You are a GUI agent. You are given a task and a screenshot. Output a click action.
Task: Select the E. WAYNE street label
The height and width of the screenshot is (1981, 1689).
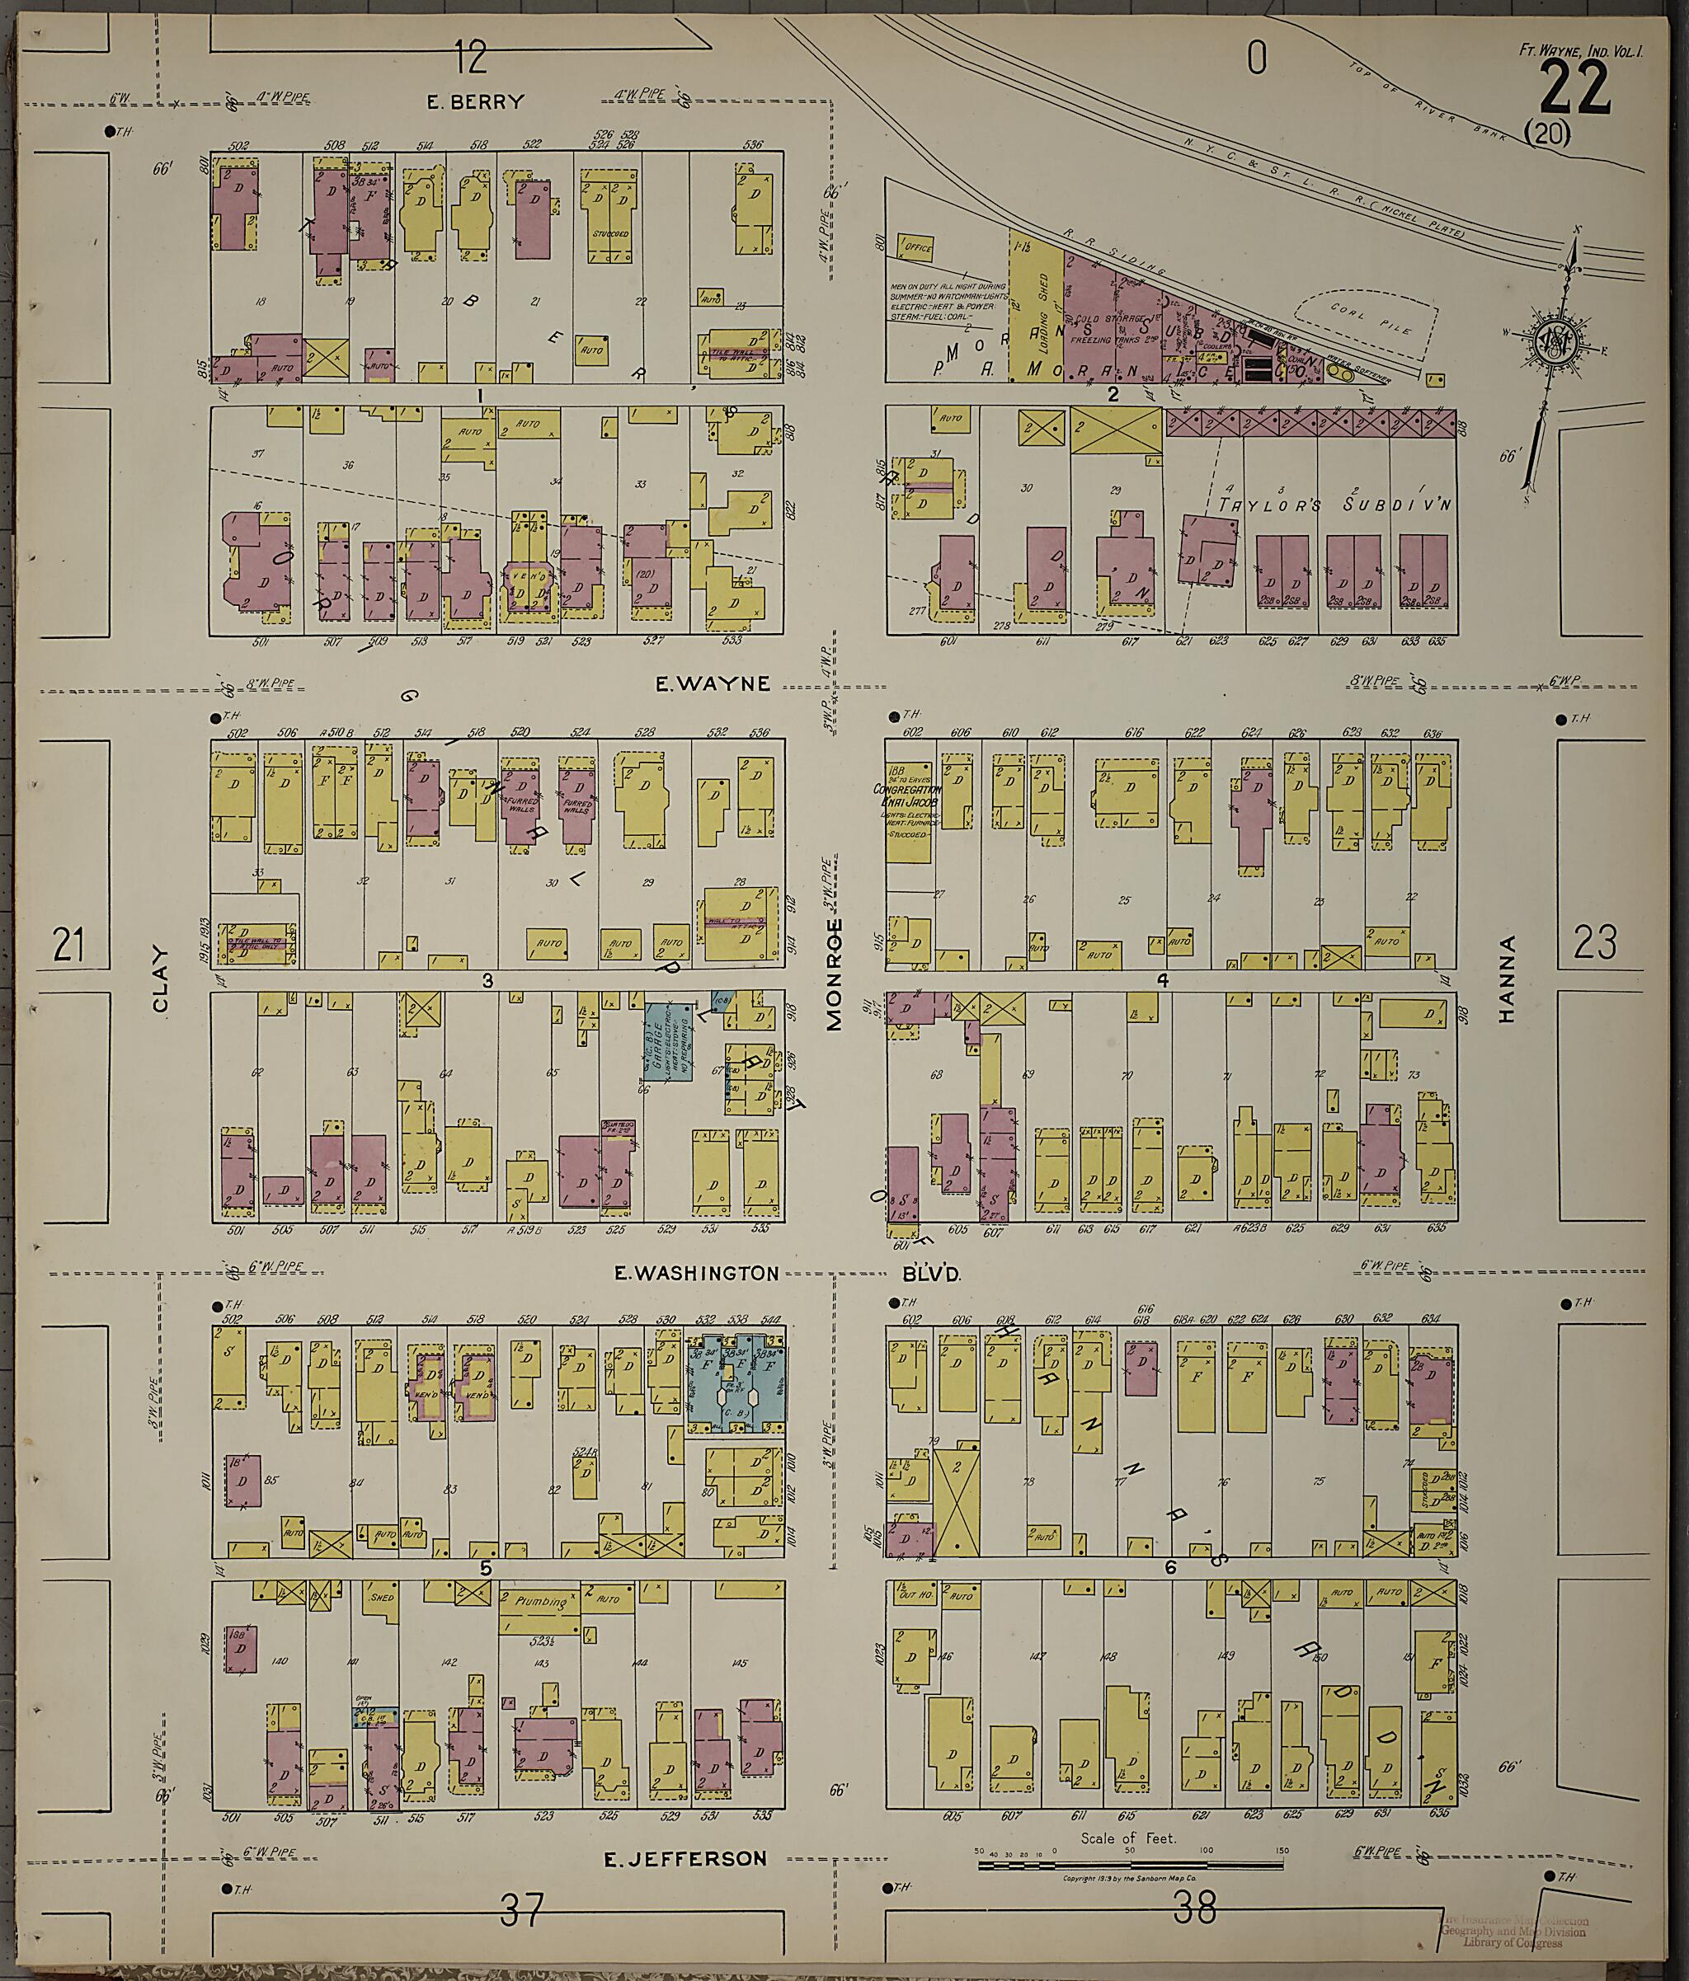[x=713, y=683]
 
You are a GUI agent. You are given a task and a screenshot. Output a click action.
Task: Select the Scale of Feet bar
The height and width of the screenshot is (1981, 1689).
[x=1128, y=1838]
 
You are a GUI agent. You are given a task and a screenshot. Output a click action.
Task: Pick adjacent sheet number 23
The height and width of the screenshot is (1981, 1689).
[x=1595, y=943]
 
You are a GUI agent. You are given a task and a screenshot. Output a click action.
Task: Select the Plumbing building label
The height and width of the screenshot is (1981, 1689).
[x=541, y=1602]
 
